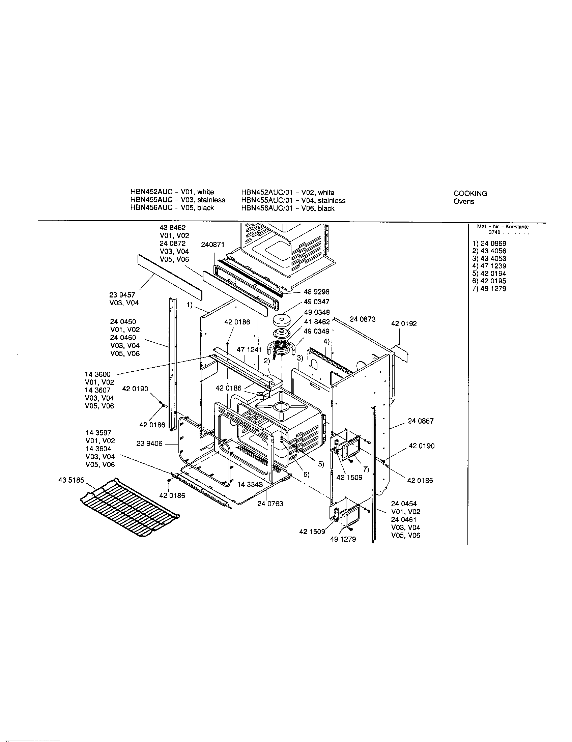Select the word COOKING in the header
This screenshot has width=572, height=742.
click(470, 193)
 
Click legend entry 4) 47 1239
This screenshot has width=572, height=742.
click(489, 266)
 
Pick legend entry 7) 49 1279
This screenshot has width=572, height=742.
click(489, 288)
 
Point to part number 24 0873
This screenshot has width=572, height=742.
click(363, 319)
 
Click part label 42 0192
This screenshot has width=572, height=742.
click(403, 323)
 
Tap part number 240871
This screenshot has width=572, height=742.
click(212, 245)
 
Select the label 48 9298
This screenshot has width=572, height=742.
click(317, 292)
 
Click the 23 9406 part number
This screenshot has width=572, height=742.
click(149, 444)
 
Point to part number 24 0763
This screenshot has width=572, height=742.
click(270, 504)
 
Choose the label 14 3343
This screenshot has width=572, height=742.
click(250, 484)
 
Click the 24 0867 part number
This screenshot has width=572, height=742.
click(421, 421)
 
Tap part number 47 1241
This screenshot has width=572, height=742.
click(249, 350)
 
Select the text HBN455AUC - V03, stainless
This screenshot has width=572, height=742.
click(177, 200)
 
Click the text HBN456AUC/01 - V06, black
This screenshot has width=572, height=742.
click(287, 208)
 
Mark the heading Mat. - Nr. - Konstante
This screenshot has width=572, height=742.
click(503, 227)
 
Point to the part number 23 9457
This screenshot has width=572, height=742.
click(122, 295)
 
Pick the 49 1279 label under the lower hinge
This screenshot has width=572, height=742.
click(343, 539)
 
